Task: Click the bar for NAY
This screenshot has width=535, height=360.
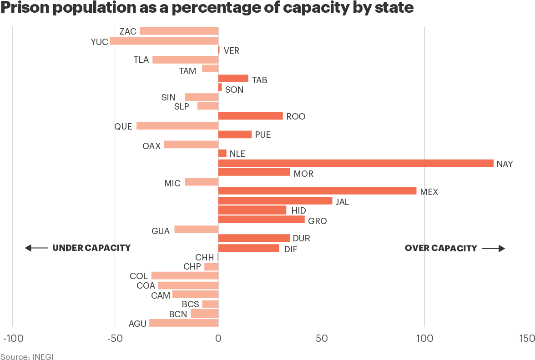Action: pyautogui.click(x=356, y=163)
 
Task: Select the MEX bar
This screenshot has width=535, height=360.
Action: pyautogui.click(x=318, y=191)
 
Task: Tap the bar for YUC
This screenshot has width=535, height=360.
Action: pyautogui.click(x=164, y=41)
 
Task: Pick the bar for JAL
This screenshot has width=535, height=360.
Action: pyautogui.click(x=275, y=201)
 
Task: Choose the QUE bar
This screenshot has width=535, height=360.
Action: pyautogui.click(x=177, y=126)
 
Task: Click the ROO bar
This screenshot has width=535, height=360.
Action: pyautogui.click(x=251, y=116)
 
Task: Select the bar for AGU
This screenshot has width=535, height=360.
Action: pyautogui.click(x=184, y=323)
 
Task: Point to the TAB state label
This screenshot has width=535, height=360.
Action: pyautogui.click(x=259, y=80)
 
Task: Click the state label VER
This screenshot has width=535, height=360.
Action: pyautogui.click(x=231, y=50)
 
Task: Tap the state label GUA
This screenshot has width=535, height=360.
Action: pyautogui.click(x=161, y=231)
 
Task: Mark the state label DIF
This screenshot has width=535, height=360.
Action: pyautogui.click(x=291, y=249)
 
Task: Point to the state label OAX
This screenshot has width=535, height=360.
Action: pyautogui.click(x=151, y=146)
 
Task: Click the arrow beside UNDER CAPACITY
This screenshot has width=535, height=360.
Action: pyautogui.click(x=36, y=248)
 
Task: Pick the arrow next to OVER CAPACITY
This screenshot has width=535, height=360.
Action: pyautogui.click(x=494, y=248)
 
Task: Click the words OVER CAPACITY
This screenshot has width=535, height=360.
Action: pyautogui.click(x=441, y=248)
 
